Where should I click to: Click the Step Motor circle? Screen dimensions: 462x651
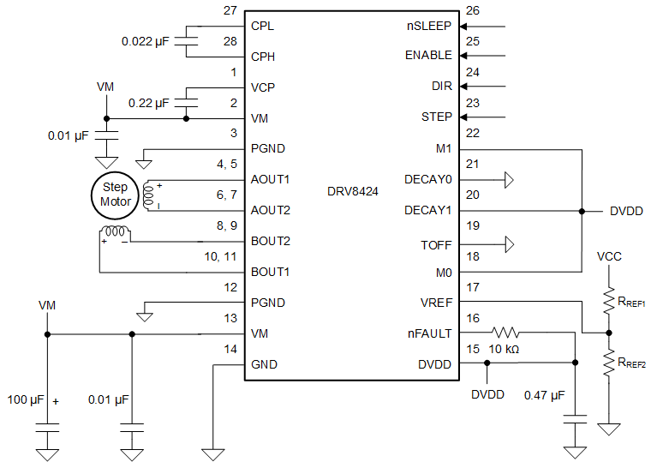click(115, 195)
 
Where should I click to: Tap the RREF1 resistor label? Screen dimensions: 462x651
click(631, 303)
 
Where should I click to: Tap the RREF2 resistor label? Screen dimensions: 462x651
click(631, 363)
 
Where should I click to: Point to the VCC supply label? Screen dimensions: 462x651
click(609, 255)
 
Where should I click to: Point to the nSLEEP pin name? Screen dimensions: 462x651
click(430, 26)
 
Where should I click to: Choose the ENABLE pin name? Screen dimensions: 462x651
click(428, 56)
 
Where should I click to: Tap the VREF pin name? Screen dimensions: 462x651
click(436, 303)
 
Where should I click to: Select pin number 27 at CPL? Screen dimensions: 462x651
click(230, 11)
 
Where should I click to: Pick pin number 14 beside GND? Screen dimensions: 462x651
click(230, 350)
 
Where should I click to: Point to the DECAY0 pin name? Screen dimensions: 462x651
click(427, 179)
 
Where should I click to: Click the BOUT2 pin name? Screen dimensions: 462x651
click(271, 241)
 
